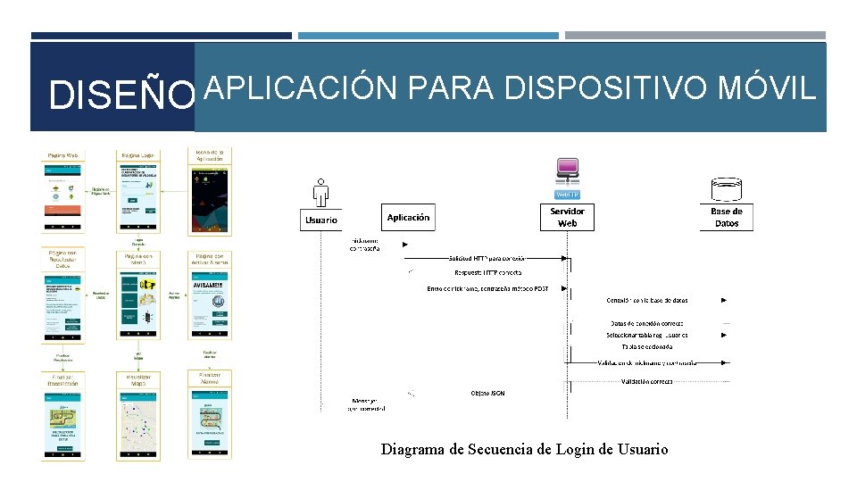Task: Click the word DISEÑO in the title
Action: [x=121, y=96]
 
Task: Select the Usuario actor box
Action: [x=321, y=220]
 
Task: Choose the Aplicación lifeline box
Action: [x=408, y=217]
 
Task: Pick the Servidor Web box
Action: [x=567, y=217]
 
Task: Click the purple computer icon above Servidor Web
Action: [x=568, y=170]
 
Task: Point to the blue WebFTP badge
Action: [x=568, y=195]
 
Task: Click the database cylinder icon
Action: [x=727, y=188]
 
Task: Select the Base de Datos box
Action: [x=727, y=217]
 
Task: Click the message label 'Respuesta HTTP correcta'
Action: [x=488, y=272]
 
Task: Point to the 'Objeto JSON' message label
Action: [x=487, y=393]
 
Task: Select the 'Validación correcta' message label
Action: [x=647, y=381]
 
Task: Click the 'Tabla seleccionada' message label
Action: [x=647, y=346]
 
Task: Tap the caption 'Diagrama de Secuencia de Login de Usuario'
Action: [x=524, y=449]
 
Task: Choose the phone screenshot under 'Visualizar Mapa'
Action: [x=137, y=424]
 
